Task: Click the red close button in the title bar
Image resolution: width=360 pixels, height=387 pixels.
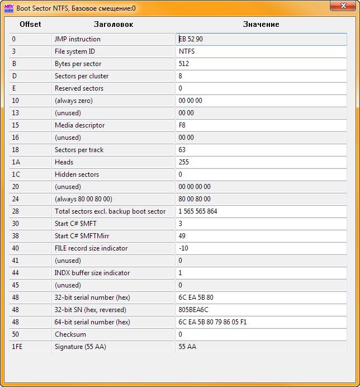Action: click(x=344, y=7)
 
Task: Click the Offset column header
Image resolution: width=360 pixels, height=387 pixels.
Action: click(x=30, y=25)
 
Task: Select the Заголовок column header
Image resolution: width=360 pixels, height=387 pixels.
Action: click(x=113, y=25)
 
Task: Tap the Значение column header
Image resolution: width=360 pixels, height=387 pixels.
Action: click(x=261, y=25)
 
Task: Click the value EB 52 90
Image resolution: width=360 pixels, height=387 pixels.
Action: click(x=190, y=39)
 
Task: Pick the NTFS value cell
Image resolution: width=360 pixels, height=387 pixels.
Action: click(x=187, y=51)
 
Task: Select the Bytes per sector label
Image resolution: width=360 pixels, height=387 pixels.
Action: click(x=78, y=64)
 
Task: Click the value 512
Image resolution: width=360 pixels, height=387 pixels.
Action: click(x=184, y=64)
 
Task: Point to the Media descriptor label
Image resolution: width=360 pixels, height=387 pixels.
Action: click(x=79, y=125)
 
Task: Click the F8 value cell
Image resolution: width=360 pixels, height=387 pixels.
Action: click(x=182, y=125)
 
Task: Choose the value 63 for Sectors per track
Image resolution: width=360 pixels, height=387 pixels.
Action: click(x=182, y=150)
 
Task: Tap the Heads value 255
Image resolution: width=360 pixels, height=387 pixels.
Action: click(x=184, y=162)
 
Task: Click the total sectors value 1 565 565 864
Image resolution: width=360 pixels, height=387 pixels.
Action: click(x=198, y=211)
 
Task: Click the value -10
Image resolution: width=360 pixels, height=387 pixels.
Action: click(x=183, y=248)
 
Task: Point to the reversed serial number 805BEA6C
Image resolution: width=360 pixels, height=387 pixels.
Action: click(x=193, y=310)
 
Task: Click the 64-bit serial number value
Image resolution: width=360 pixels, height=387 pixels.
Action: click(x=212, y=322)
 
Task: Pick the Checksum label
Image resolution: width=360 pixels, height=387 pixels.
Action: click(x=70, y=334)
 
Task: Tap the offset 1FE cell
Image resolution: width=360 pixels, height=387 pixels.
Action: click(x=17, y=347)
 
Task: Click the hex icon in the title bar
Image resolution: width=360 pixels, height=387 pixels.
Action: click(x=9, y=8)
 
